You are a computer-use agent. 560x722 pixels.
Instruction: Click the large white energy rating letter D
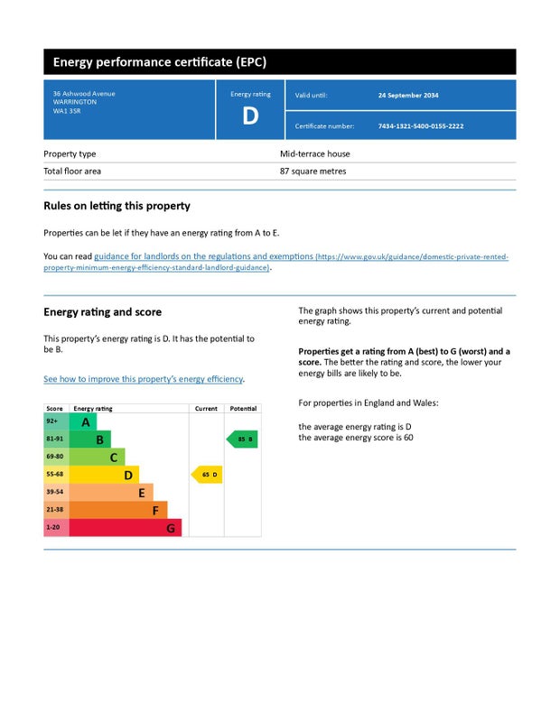tap(250, 116)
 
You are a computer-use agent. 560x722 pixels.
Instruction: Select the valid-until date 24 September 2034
tap(407, 95)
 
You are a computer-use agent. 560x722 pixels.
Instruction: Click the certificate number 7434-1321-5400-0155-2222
tap(420, 126)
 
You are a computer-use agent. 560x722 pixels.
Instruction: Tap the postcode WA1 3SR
tap(64, 111)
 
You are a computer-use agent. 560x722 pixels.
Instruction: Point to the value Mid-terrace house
tap(313, 154)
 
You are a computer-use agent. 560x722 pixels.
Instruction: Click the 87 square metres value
tap(313, 171)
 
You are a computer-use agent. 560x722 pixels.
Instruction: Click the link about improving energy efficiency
tap(144, 379)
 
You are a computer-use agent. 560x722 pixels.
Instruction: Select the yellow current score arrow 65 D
tap(207, 475)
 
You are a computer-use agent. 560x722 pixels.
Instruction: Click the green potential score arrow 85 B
tap(242, 440)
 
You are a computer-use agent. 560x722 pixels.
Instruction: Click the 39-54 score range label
tap(55, 492)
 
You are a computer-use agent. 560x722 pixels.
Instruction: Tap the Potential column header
tap(243, 409)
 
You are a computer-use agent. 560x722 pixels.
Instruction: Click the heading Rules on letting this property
tap(117, 206)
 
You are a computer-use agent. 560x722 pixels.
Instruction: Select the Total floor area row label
tap(72, 171)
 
